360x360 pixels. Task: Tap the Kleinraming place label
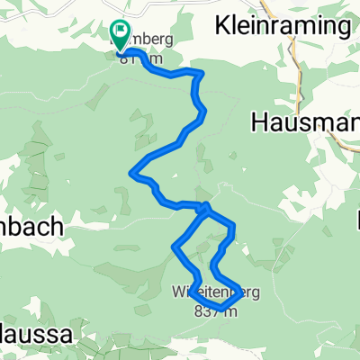(x=282, y=26)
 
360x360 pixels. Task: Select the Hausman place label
(x=306, y=120)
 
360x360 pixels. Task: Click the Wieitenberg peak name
(x=216, y=292)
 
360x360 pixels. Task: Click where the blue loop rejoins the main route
(x=205, y=209)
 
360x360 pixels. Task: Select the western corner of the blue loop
(x=174, y=246)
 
